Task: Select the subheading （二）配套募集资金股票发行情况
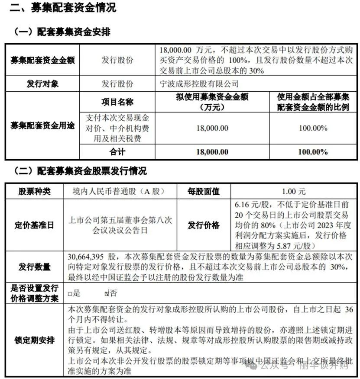80,171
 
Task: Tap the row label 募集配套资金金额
42,60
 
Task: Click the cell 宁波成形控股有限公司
199,84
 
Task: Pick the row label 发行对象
42,84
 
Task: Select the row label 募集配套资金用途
42,125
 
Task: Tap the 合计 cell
117,151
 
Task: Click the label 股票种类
34,191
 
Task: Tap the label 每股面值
204,191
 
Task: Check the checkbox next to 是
70,294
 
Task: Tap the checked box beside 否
107,294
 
